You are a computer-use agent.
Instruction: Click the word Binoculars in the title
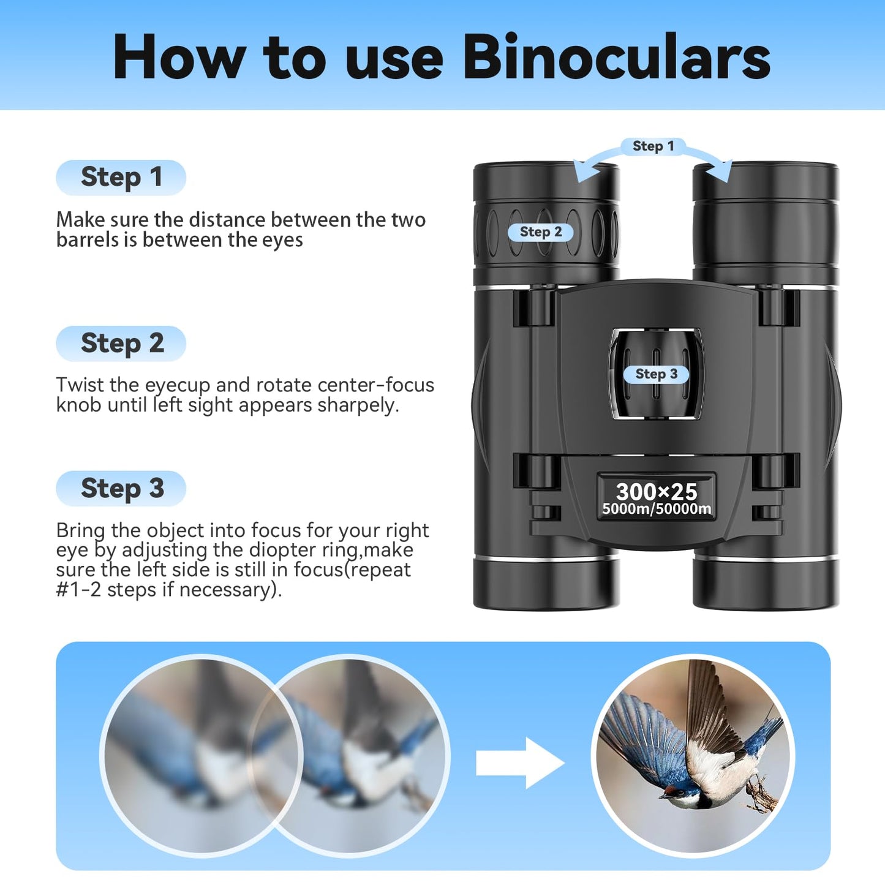616,57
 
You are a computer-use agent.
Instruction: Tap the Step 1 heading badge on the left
121,178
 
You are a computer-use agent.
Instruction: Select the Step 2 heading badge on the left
121,344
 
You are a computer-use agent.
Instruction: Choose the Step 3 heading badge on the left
121,489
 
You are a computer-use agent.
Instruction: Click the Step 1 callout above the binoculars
653,146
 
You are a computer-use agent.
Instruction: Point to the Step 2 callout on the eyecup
541,232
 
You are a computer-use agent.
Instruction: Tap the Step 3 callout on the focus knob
656,374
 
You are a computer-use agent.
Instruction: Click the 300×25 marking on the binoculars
656,491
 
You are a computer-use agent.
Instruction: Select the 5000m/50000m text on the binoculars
656,510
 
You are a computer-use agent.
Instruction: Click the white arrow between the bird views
519,763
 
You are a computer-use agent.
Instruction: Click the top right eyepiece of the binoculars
766,214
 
